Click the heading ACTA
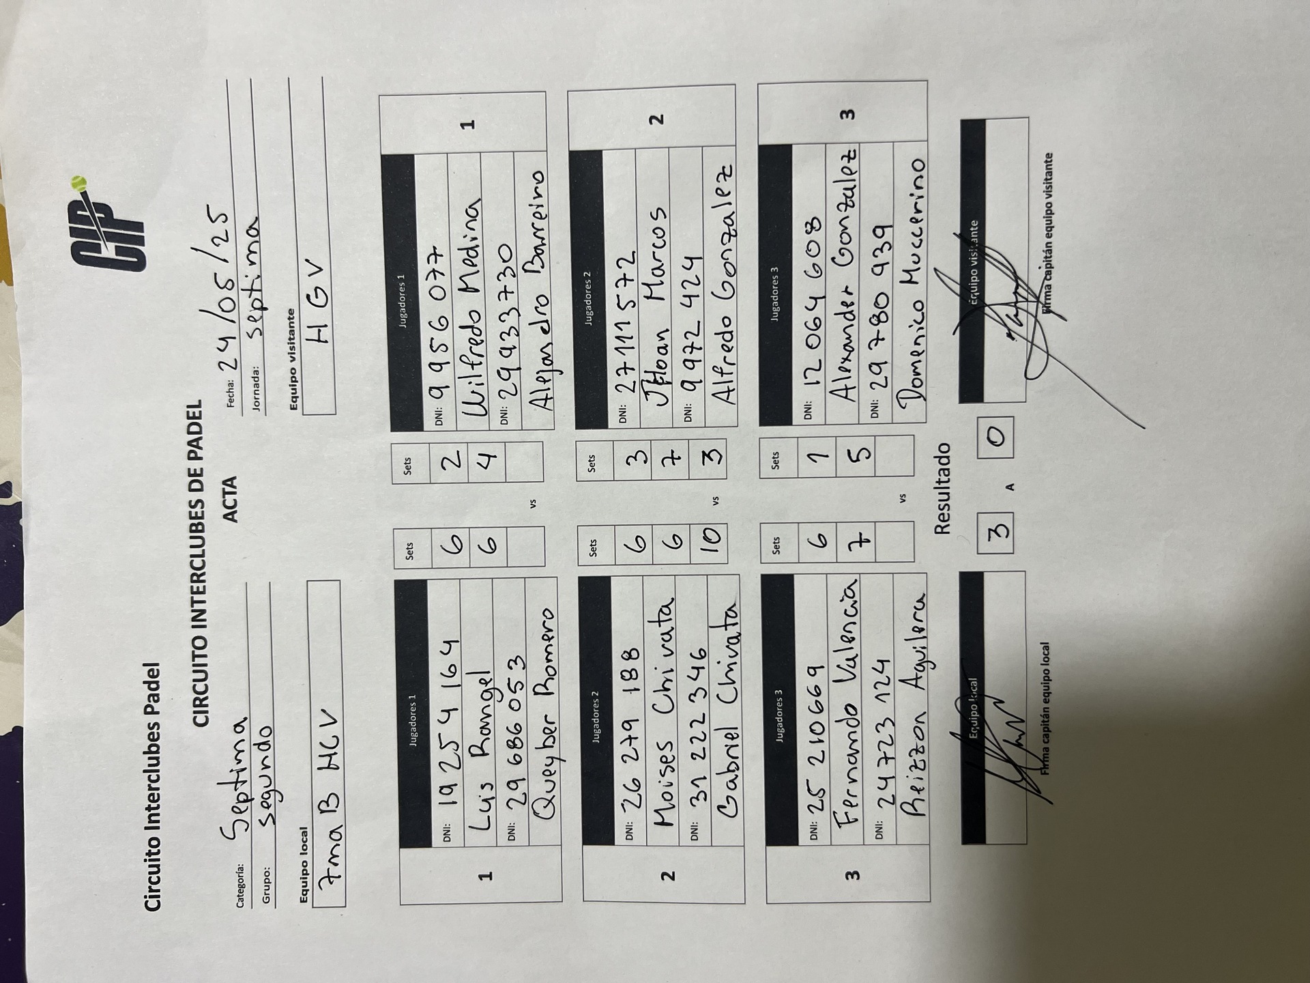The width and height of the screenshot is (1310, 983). click(231, 499)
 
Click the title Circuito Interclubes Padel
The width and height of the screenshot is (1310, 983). click(154, 786)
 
